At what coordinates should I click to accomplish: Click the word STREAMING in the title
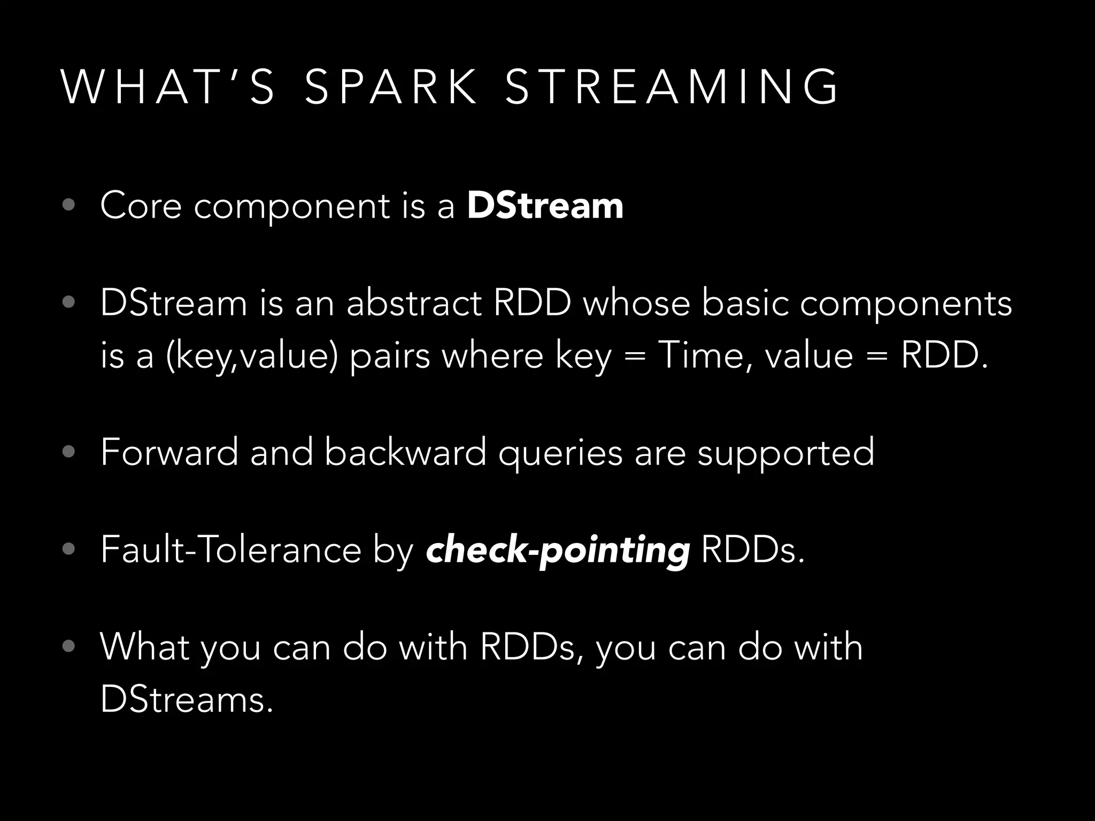(672, 87)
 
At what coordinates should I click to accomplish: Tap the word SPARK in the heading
(391, 87)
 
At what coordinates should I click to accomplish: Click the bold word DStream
(545, 206)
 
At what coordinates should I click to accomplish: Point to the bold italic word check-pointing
(558, 551)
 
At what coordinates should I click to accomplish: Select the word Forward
(169, 452)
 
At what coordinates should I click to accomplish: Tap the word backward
(405, 452)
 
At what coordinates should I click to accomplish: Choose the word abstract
(414, 303)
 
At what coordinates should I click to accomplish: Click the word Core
(141, 206)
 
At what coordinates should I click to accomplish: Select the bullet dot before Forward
(68, 452)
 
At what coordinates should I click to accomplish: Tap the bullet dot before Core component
(68, 206)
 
